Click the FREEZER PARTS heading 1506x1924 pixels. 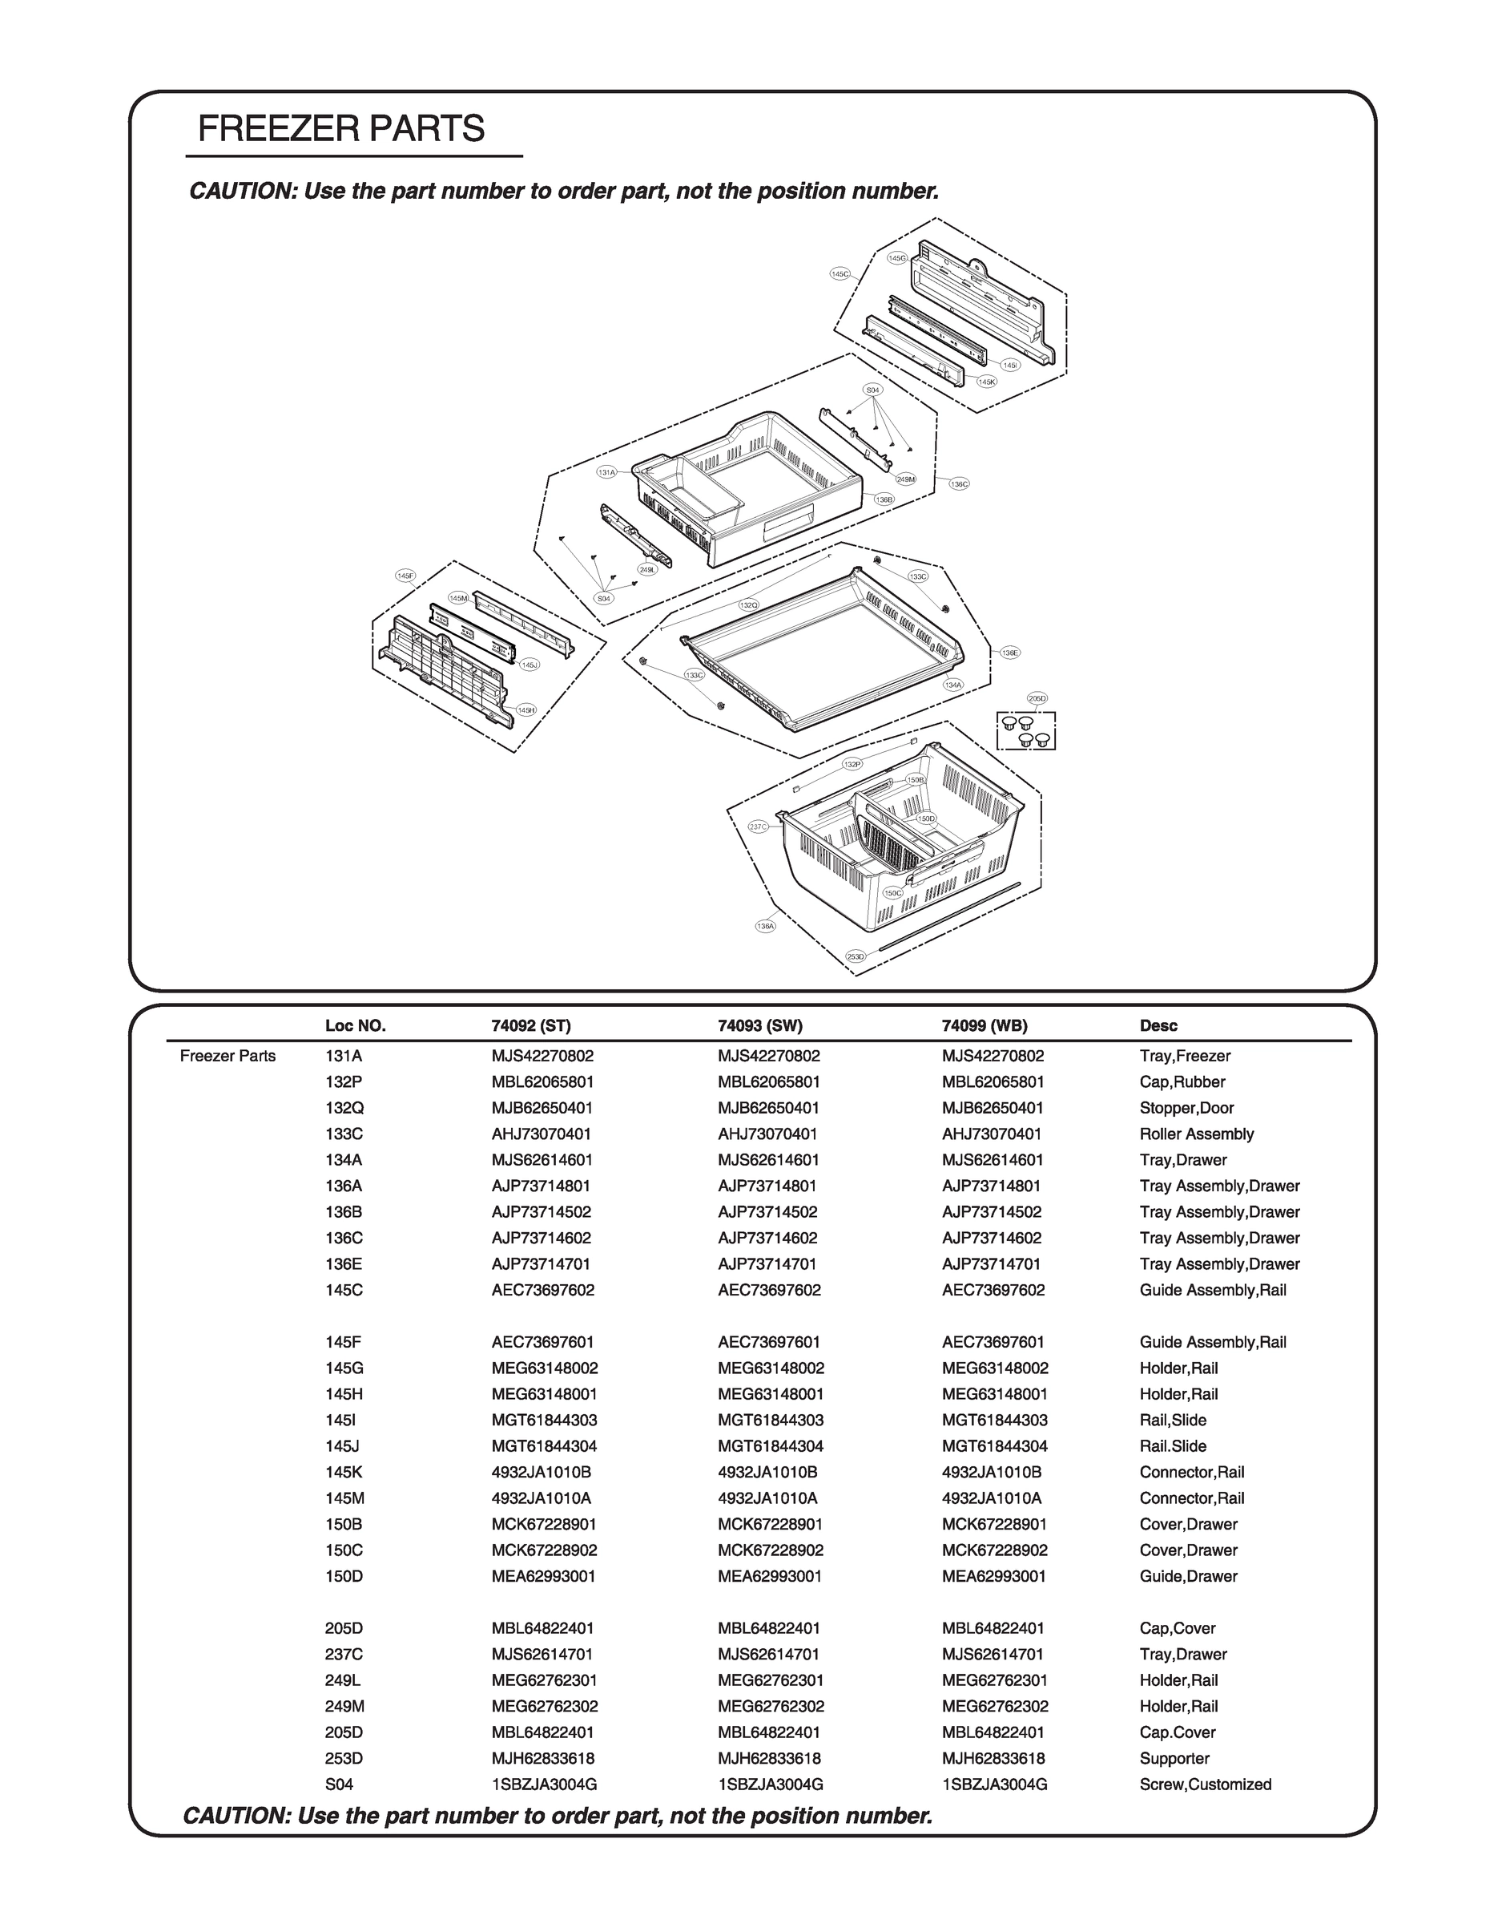click(341, 129)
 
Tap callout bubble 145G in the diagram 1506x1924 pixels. click(896, 257)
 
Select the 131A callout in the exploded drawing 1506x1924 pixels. click(606, 473)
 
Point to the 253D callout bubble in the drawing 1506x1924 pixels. click(856, 956)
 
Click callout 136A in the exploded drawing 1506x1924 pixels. click(765, 926)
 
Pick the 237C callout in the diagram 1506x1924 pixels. click(758, 827)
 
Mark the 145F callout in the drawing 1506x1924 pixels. click(405, 576)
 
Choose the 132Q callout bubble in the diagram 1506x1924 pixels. click(748, 605)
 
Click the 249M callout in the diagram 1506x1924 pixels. click(905, 479)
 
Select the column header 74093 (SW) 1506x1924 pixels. click(760, 1026)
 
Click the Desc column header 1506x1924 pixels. click(1158, 1026)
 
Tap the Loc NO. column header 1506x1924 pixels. click(356, 1026)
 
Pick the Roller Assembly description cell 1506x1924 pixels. click(1196, 1134)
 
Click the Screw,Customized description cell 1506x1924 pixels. click(1205, 1785)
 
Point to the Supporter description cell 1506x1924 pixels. click(1174, 1758)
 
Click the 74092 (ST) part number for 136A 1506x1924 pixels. click(542, 1186)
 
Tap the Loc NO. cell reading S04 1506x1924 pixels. click(340, 1785)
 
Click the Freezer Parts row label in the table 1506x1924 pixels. click(228, 1057)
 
